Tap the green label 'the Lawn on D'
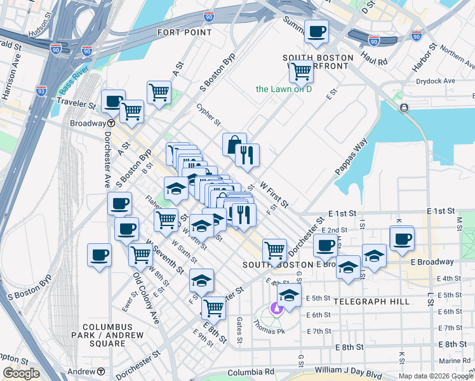pos(284,89)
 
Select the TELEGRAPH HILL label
pos(371,302)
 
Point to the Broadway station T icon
pos(110,123)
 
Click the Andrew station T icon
pos(102,371)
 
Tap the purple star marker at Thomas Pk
pos(276,309)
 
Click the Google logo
pos(21,373)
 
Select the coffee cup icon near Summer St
pos(316,32)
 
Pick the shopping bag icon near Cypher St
pos(234,144)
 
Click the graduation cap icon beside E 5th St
pos(289,296)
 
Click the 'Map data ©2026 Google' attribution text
pos(435,376)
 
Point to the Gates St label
pos(240,330)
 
